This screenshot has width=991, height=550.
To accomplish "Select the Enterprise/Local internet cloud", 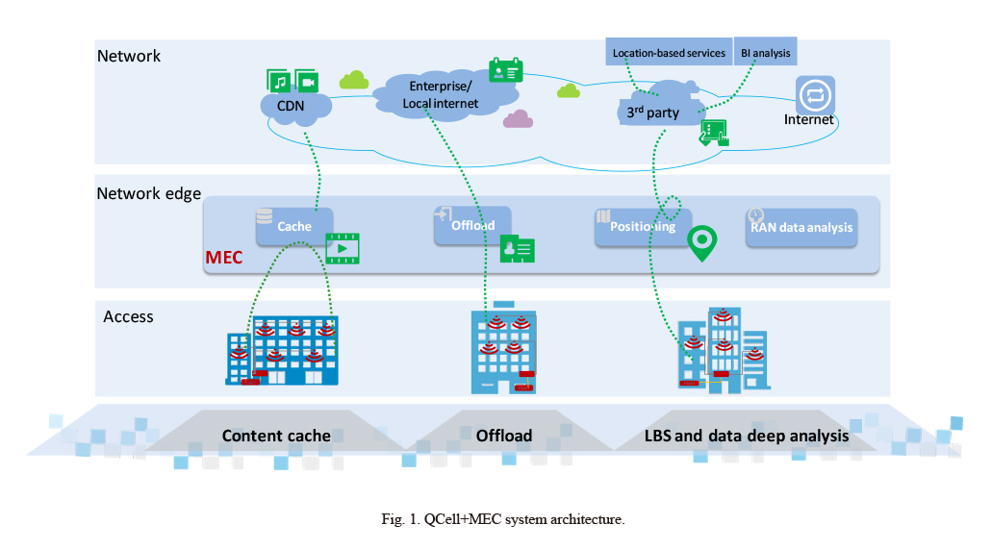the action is tap(445, 95).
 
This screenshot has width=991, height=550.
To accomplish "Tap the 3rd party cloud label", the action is tap(653, 112).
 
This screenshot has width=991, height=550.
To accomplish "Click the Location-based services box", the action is tap(669, 53).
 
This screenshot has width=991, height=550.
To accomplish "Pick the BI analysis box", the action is tap(765, 52).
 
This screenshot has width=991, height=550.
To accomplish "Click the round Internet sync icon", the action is tap(815, 95).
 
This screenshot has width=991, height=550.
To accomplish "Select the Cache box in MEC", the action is tap(294, 226).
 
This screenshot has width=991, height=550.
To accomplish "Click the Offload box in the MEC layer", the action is tap(472, 225).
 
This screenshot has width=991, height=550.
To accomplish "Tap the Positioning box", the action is tap(643, 227).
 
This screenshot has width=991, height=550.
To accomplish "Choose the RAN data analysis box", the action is tap(801, 227).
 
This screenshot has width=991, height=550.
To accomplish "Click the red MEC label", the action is tap(224, 258).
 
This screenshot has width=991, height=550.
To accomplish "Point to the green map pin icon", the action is tap(702, 243).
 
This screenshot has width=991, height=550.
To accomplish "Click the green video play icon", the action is tap(343, 248).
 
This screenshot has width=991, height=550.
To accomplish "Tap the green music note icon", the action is tap(279, 81).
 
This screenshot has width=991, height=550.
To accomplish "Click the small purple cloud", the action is tap(519, 118).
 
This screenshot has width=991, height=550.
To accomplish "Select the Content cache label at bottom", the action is tap(276, 436).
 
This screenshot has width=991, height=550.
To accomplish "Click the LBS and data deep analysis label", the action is tap(747, 436).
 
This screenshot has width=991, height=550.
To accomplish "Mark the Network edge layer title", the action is tap(149, 193).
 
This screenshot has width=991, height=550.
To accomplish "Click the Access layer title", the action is tap(128, 316).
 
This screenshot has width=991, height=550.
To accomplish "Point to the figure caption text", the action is tap(503, 519).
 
